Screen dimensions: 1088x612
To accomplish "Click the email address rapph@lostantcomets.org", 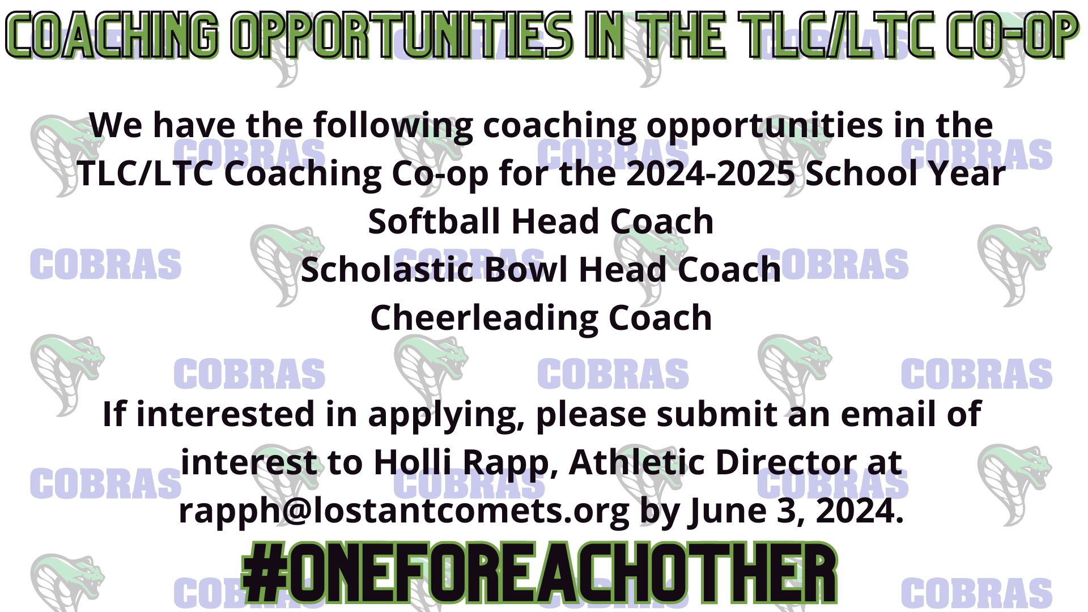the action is pos(404,511).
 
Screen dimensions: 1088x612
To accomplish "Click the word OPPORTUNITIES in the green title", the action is pos(403,36).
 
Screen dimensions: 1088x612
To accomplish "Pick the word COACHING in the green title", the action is pos(112,36).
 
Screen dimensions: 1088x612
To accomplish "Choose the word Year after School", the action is pos(970,173).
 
